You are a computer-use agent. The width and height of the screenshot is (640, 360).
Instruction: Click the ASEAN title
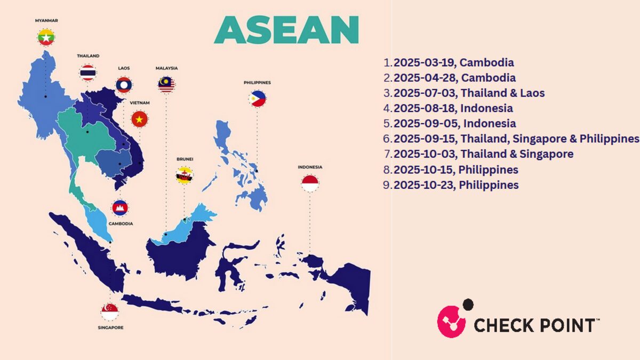pyautogui.click(x=286, y=30)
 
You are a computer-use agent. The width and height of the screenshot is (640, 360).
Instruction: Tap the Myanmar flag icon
pyautogui.click(x=46, y=37)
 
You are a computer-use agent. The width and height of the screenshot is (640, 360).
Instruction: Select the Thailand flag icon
pyautogui.click(x=88, y=73)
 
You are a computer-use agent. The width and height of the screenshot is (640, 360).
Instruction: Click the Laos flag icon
pyautogui.click(x=124, y=85)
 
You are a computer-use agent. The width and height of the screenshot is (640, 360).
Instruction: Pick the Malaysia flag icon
pyautogui.click(x=166, y=84)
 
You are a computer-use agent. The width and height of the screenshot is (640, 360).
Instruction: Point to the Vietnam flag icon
pyautogui.click(x=139, y=119)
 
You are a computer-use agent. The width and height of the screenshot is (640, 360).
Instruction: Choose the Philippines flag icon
pyautogui.click(x=257, y=99)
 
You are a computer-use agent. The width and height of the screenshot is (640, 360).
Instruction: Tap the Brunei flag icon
pyautogui.click(x=185, y=175)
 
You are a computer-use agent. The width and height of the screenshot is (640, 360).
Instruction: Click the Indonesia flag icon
pyautogui.click(x=310, y=183)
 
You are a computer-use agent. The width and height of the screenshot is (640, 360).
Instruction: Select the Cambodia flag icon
pyautogui.click(x=120, y=207)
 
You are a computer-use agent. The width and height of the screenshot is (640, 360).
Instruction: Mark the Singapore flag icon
pyautogui.click(x=110, y=311)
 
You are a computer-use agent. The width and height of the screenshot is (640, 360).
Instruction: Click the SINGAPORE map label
pyautogui.click(x=110, y=327)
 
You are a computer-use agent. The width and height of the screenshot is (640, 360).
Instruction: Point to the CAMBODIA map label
pyautogui.click(x=121, y=223)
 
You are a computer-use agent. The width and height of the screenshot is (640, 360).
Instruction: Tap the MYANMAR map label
pyautogui.click(x=46, y=21)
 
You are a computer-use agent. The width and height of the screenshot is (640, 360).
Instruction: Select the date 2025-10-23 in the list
pyautogui.click(x=423, y=185)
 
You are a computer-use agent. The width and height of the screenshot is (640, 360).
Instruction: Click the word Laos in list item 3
pyautogui.click(x=532, y=93)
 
